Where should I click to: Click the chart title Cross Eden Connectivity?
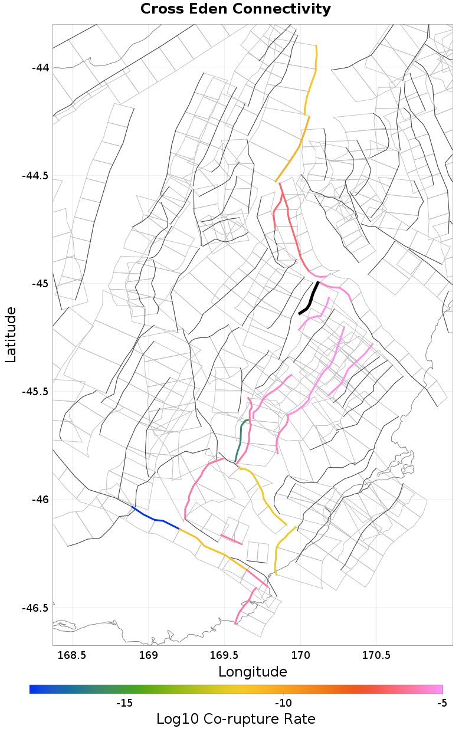[x=235, y=9]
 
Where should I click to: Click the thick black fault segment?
[x=310, y=299]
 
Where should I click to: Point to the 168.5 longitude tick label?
[x=71, y=655]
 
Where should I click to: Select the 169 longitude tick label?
[x=147, y=655]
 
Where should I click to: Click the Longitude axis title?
[x=253, y=672]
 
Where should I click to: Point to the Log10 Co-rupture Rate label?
[x=235, y=719]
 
